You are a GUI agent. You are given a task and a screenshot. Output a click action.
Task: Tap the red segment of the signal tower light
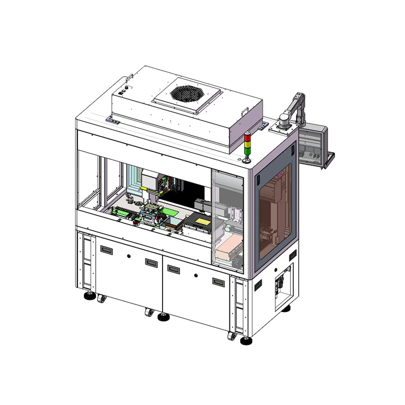(x=247, y=136)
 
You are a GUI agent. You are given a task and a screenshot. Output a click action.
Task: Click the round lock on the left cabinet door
(x=129, y=256)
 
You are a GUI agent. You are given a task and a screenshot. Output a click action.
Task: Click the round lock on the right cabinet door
(x=196, y=275)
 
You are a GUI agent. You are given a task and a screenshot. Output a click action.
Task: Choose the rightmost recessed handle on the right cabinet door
(x=218, y=281)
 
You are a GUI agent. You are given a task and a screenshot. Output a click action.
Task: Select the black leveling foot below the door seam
(x=163, y=317)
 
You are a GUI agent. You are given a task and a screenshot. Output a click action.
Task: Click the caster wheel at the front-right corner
(x=232, y=336)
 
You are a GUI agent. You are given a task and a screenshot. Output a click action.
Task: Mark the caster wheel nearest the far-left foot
(x=101, y=299)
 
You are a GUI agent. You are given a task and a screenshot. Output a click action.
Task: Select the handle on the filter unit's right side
(x=244, y=109)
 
